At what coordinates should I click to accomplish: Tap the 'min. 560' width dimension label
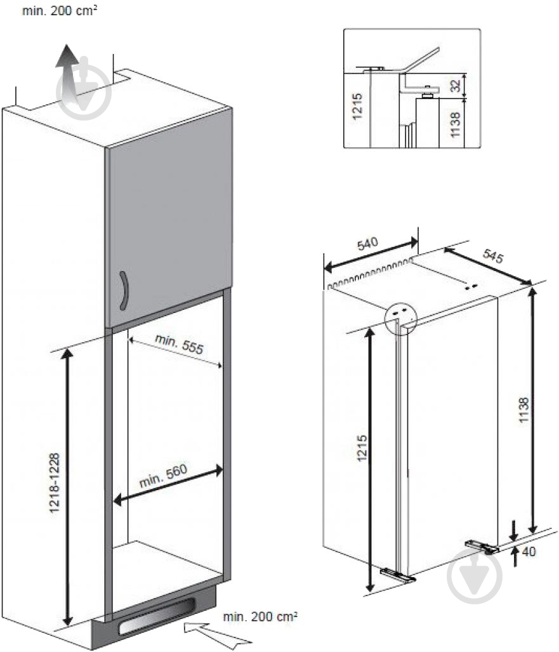tap(163, 476)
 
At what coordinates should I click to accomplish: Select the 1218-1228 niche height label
tap(55, 482)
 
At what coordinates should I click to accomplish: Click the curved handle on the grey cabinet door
tap(124, 291)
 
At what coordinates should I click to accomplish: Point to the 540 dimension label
tap(368, 244)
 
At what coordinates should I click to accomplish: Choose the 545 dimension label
tap(493, 256)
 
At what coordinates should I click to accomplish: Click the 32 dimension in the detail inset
tap(456, 86)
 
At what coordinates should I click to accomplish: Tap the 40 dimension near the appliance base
tap(529, 552)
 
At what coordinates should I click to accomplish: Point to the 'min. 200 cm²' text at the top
tap(60, 10)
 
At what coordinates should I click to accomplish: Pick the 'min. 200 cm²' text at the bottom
tap(260, 616)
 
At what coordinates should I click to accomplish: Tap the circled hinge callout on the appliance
tap(400, 319)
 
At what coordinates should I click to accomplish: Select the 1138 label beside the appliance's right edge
tap(523, 410)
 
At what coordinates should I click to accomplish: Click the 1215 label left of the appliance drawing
tap(362, 448)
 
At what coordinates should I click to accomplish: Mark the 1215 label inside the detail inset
tap(357, 107)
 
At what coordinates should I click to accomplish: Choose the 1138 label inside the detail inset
tap(456, 124)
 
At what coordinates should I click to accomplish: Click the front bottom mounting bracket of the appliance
tap(398, 575)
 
